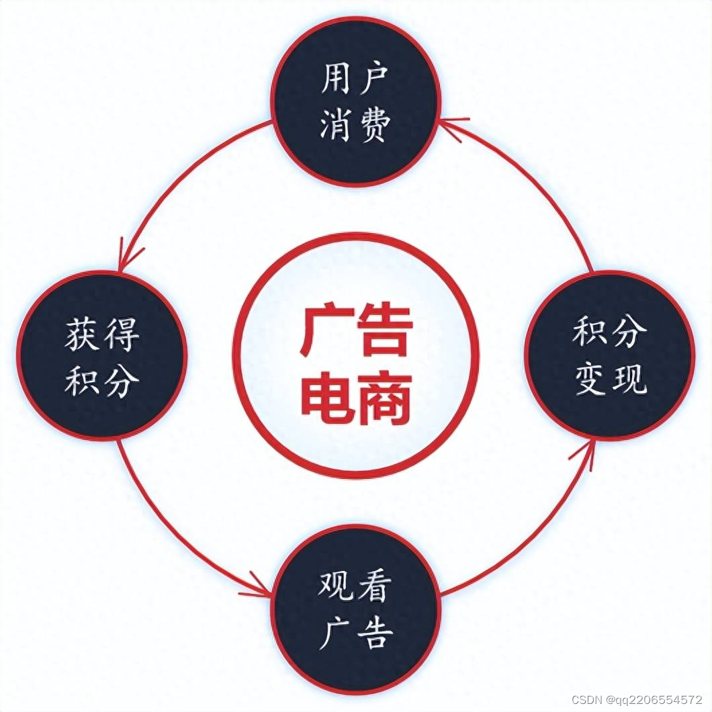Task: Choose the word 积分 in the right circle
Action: click(609, 331)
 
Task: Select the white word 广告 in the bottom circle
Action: click(354, 633)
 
